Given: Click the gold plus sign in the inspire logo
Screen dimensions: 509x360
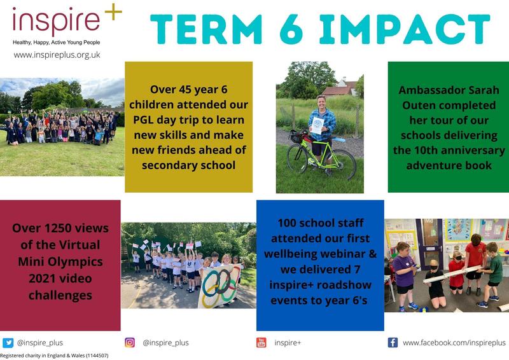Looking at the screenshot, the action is tap(113, 12).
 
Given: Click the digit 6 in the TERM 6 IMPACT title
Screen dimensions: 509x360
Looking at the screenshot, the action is tap(291, 29).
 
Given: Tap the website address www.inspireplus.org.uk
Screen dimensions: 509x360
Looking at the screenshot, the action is tap(57, 55).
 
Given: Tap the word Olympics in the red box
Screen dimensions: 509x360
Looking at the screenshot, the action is tap(83, 262).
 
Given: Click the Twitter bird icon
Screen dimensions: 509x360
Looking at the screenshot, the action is tap(8, 343).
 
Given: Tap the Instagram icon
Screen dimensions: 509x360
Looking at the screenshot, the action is tap(130, 342).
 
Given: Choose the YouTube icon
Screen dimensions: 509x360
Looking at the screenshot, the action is tap(261, 342).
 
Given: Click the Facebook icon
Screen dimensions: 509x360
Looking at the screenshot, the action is tap(393, 342).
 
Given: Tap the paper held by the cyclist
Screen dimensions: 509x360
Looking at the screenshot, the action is tap(317, 126).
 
